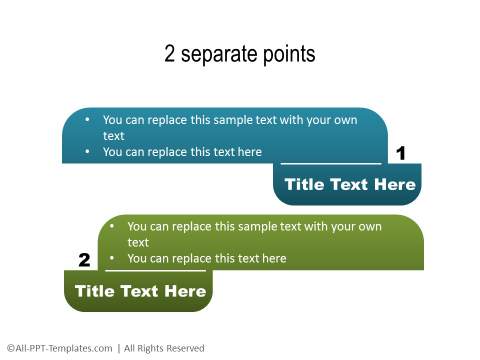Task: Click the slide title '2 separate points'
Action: pos(240,54)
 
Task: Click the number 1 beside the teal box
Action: pos(401,153)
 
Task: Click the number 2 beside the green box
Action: pos(84,260)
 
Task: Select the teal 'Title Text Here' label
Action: pos(349,184)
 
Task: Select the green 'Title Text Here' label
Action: pos(140,292)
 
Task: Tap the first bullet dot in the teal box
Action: pos(88,120)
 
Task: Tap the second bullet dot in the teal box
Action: pos(88,152)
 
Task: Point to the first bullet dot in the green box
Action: pos(113,227)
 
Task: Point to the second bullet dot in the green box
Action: pos(113,259)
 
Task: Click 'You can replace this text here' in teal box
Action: pos(182,152)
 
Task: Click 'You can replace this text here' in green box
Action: pos(207,259)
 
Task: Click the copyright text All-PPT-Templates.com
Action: pos(60,348)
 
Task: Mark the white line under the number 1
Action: pos(330,163)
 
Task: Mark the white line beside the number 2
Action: pos(155,270)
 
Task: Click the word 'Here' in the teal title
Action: pos(394,184)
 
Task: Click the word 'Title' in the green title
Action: pos(94,292)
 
